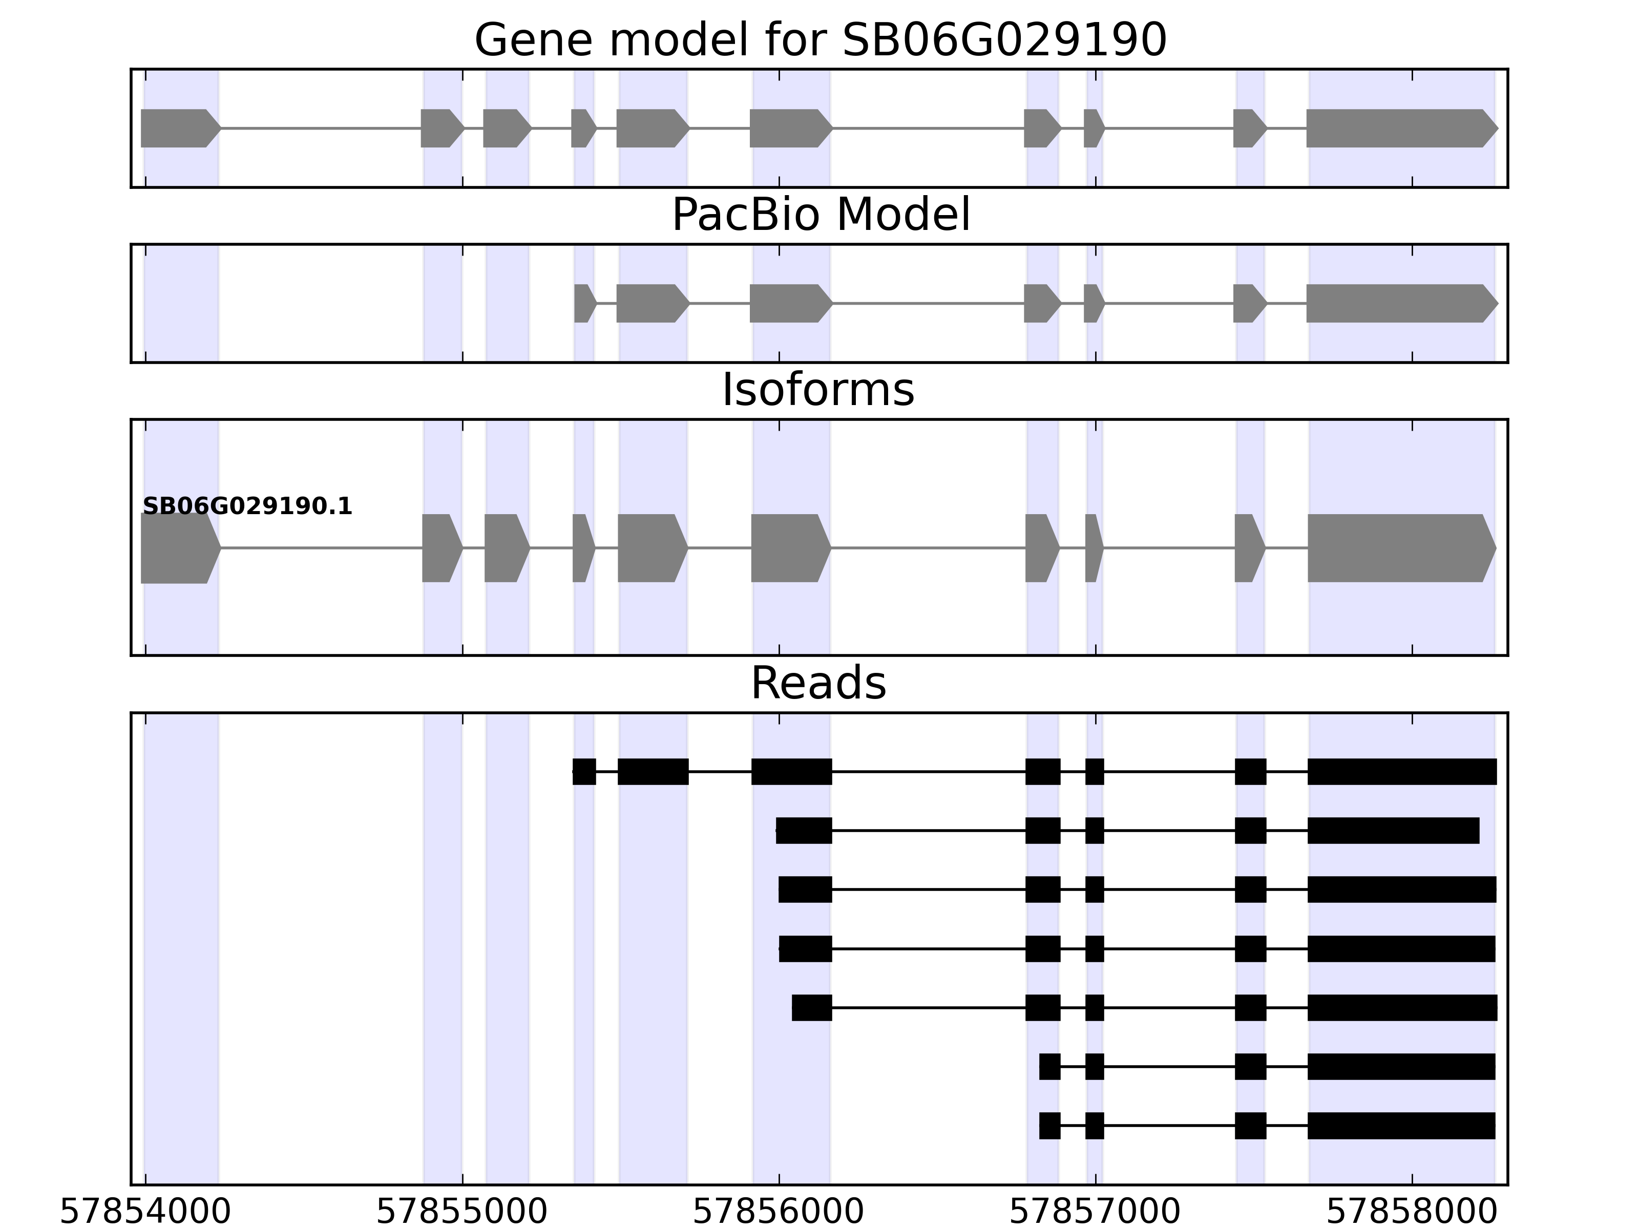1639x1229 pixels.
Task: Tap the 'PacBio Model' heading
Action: coord(820,215)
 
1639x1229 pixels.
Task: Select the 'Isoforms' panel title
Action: coord(818,390)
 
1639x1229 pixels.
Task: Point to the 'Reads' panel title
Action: coord(818,683)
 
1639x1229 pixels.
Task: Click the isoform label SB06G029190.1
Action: coord(247,507)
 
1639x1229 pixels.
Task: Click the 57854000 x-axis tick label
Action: coord(145,1213)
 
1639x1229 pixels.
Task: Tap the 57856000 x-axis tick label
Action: coord(778,1213)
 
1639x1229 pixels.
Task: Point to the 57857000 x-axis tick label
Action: coord(1095,1213)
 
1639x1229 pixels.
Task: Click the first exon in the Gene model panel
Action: coord(178,128)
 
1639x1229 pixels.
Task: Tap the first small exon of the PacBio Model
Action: coord(584,303)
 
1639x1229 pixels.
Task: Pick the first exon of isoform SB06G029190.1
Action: coord(178,548)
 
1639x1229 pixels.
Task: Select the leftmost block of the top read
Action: coord(584,772)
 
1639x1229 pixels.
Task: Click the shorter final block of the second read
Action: coord(1393,831)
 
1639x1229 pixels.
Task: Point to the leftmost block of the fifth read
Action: coord(811,1007)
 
